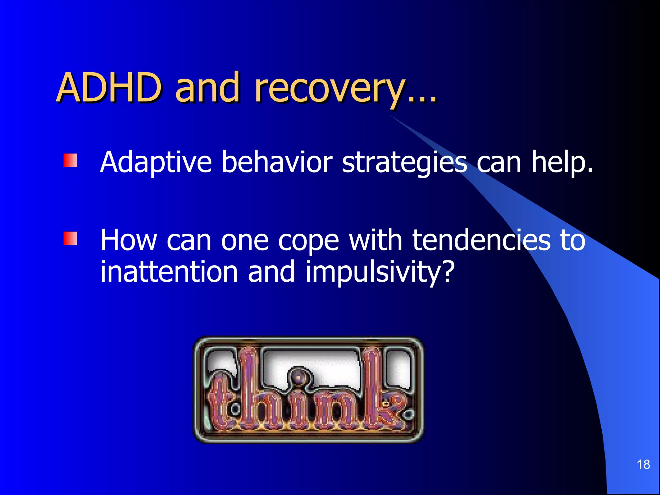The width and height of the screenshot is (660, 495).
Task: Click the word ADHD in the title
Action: point(108,88)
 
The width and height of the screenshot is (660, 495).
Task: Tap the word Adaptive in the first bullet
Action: point(156,162)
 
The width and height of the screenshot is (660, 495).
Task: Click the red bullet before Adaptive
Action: point(70,160)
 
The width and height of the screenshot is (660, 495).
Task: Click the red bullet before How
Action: point(70,238)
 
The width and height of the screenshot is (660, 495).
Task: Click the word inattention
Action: point(169,272)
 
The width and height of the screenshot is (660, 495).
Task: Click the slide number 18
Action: point(643,464)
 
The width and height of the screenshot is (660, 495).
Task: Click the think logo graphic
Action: point(308,390)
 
